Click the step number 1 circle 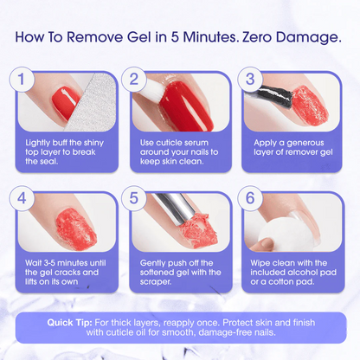22,80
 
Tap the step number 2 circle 134,80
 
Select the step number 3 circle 250,80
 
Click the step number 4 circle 22,198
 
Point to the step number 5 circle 134,198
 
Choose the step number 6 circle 250,198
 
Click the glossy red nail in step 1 64,103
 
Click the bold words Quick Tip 70,323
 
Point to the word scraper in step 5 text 156,282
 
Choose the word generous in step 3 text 305,144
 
